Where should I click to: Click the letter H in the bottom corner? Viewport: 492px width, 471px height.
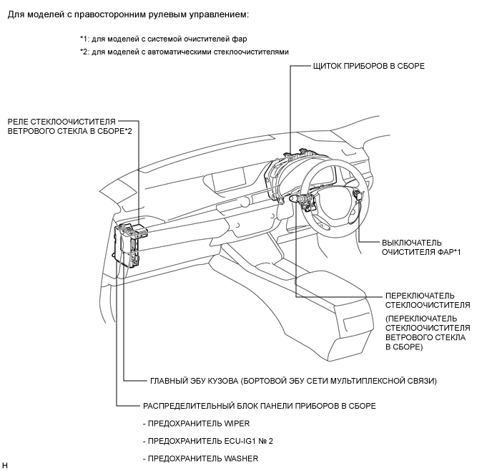click(4, 466)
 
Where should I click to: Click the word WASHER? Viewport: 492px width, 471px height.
click(241, 459)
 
